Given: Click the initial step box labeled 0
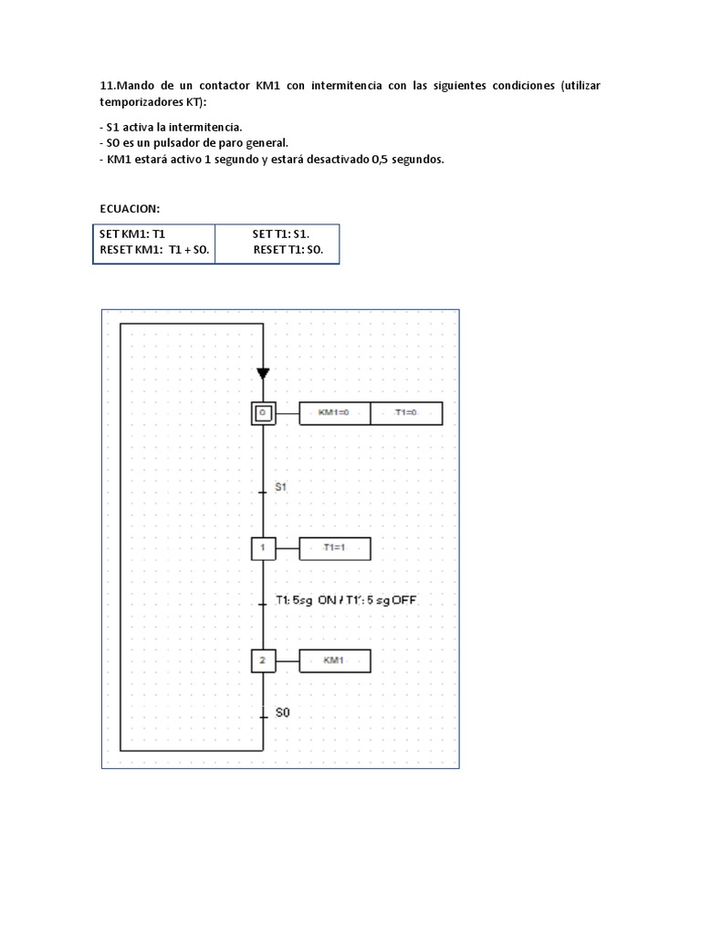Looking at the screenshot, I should click(x=263, y=413).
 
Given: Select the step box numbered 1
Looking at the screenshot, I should click(x=263, y=548).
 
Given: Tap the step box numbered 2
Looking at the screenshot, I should click(x=263, y=659).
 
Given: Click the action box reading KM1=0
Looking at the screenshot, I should click(x=335, y=413).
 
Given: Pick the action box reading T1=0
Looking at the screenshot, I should click(x=406, y=413).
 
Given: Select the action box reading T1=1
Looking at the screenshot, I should click(x=335, y=548).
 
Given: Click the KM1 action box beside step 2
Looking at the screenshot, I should click(x=335, y=659).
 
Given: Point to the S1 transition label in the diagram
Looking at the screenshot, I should click(x=281, y=488).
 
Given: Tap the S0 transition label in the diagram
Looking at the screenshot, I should click(x=282, y=713).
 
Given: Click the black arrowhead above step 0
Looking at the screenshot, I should click(x=263, y=373).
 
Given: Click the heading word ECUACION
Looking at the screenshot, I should click(x=130, y=209).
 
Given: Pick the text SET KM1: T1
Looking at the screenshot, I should click(x=132, y=234).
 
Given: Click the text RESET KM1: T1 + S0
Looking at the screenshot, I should click(x=154, y=249).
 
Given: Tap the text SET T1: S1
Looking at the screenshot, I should click(x=281, y=234).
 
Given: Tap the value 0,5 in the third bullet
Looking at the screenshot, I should click(x=380, y=160).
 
